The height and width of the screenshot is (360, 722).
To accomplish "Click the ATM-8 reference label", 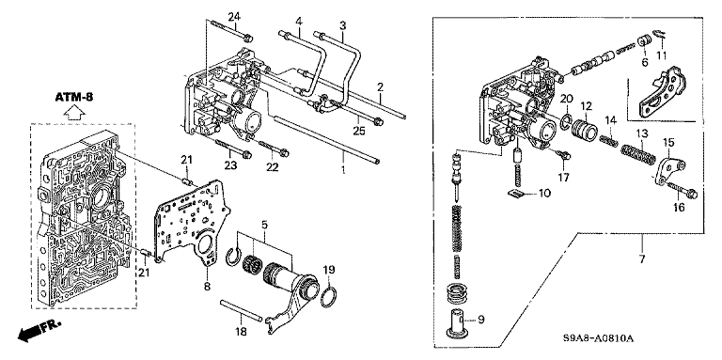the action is tap(74, 98).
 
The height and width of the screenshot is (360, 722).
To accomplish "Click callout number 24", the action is tap(234, 18).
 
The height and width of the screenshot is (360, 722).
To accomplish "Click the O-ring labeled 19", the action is tap(328, 298).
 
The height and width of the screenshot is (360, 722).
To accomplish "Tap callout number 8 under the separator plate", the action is tap(207, 287).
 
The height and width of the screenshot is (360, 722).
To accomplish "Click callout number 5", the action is tap(264, 226).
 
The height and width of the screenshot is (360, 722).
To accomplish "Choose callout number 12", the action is tap(586, 106).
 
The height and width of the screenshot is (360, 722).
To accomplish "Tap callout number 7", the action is tap(642, 258).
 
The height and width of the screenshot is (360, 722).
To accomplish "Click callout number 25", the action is tap(359, 131).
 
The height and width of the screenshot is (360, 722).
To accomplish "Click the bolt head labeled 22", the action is tap(284, 152).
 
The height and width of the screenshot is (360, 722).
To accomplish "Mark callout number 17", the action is tap(564, 177).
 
